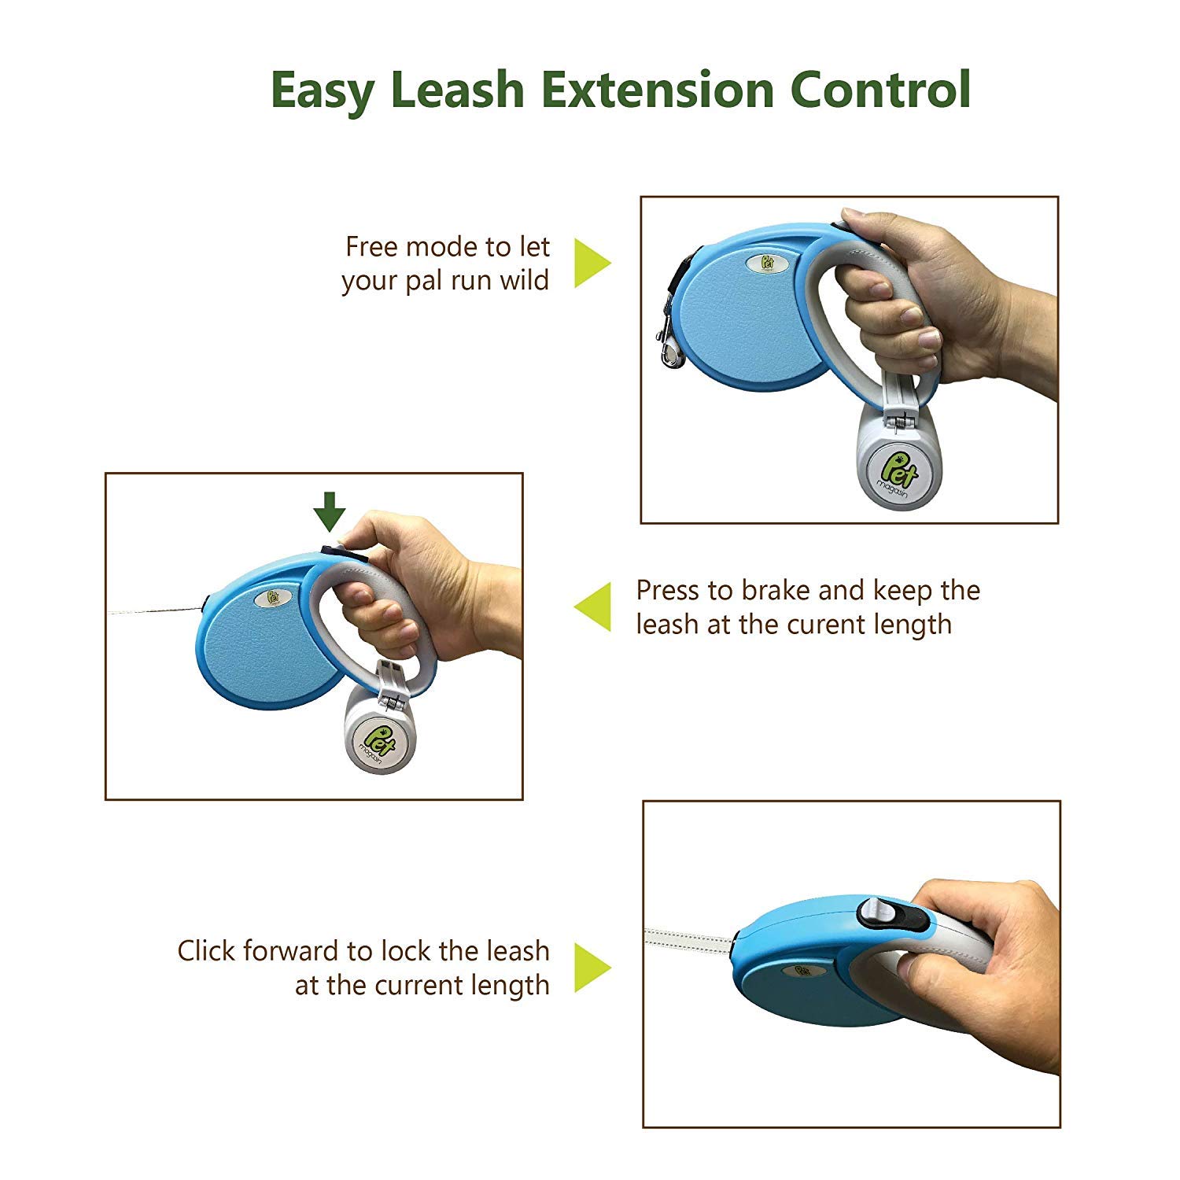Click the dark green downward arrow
click(x=330, y=511)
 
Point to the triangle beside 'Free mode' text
click(x=592, y=263)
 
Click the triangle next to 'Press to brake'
click(x=592, y=607)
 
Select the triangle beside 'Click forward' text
click(x=592, y=967)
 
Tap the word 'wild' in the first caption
click(x=525, y=281)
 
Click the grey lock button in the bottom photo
click(x=878, y=913)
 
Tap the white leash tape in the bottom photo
click(x=689, y=939)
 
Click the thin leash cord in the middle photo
click(x=153, y=610)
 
